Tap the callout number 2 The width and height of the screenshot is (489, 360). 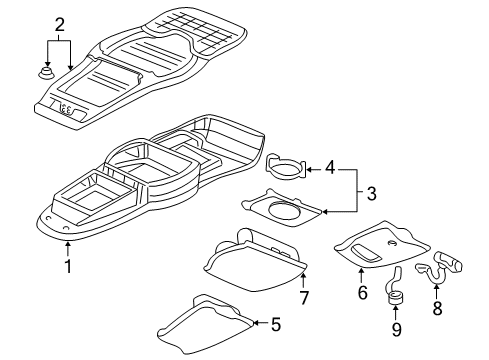pyautogui.click(x=58, y=24)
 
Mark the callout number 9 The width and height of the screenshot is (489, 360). pyautogui.click(x=396, y=327)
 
